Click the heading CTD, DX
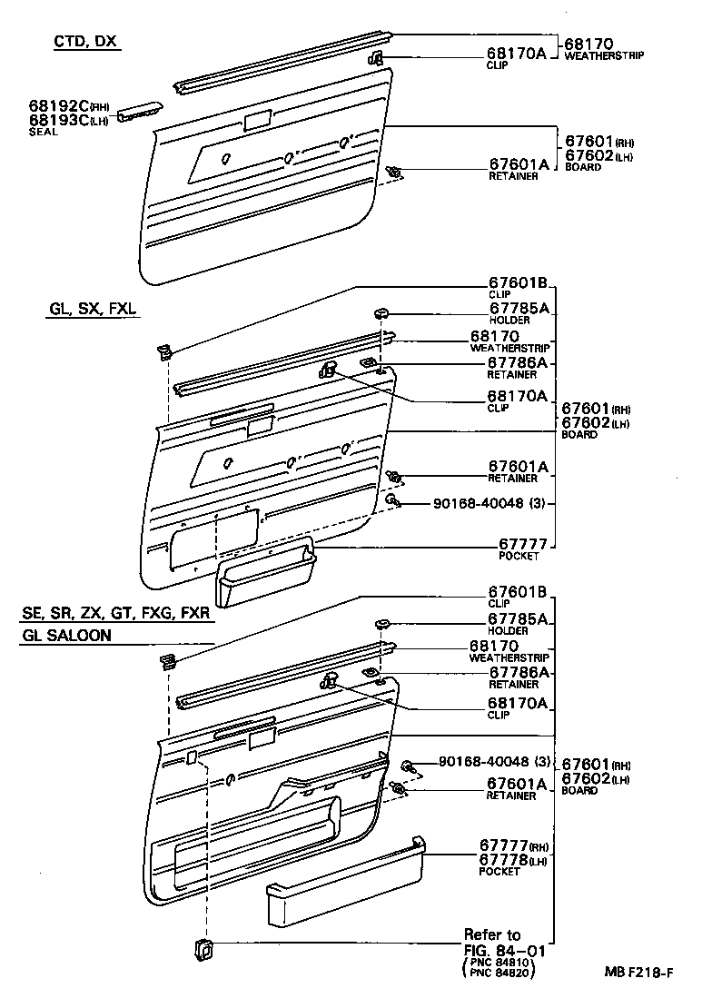click(x=87, y=42)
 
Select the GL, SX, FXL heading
click(x=93, y=309)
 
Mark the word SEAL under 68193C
click(x=43, y=132)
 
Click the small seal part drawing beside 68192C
click(x=140, y=110)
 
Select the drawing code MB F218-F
click(x=639, y=972)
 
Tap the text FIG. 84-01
click(x=505, y=950)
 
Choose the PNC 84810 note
click(x=499, y=963)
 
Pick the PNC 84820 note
click(x=499, y=973)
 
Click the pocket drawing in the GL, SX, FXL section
click(x=266, y=573)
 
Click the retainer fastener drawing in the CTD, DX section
click(x=394, y=172)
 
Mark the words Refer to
click(x=492, y=934)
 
